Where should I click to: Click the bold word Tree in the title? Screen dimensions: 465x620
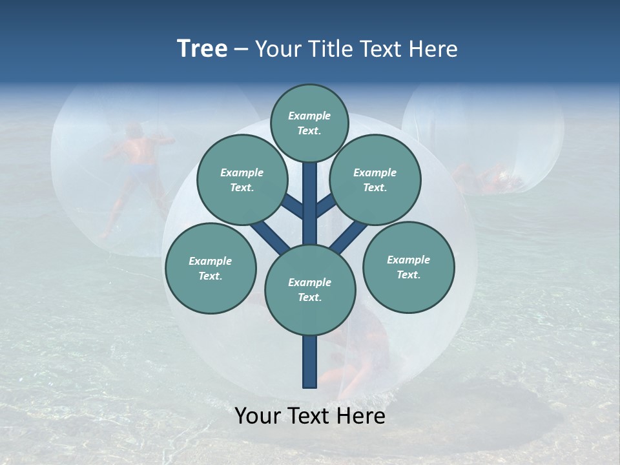click(x=202, y=49)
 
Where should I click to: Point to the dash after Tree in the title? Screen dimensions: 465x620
click(x=241, y=50)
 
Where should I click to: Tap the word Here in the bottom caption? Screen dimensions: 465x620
click(x=361, y=416)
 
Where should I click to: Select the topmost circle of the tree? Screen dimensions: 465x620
click(x=309, y=123)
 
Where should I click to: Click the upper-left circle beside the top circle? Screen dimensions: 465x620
click(x=242, y=180)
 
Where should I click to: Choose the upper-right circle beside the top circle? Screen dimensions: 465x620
click(x=375, y=180)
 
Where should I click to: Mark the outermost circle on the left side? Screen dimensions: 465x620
click(x=211, y=268)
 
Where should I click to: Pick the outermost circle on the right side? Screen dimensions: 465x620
click(x=409, y=267)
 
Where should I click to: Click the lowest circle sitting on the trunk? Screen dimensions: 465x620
click(x=310, y=290)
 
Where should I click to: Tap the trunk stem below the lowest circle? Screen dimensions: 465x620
click(x=310, y=362)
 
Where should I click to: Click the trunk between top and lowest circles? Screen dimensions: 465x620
click(x=310, y=203)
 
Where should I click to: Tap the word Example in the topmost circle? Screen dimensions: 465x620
click(x=309, y=116)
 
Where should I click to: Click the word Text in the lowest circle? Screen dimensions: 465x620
click(x=309, y=298)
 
